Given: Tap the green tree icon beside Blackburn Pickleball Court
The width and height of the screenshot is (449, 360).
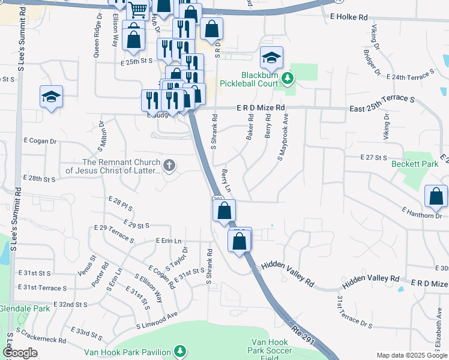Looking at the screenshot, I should pos(288,78).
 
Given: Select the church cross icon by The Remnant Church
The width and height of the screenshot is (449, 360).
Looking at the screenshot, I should pos(169,165).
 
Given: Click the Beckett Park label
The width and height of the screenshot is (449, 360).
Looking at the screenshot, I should pos(411,163).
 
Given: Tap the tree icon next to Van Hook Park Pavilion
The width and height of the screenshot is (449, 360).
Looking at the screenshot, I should pos(179,350).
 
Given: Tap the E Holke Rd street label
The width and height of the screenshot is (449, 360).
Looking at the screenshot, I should pos(348,18).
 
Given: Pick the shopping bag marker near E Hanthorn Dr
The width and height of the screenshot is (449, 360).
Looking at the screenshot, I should pos(436,196).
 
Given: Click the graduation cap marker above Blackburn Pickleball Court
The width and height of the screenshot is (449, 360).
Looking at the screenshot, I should pos(271,58).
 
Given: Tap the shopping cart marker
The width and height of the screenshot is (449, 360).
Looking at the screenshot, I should pos(138,9).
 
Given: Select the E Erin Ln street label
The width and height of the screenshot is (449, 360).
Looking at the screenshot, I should pos(168,241).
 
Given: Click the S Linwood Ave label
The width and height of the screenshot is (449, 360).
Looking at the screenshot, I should pos(157,323).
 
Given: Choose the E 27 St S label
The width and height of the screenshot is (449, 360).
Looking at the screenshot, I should pos(373,157).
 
